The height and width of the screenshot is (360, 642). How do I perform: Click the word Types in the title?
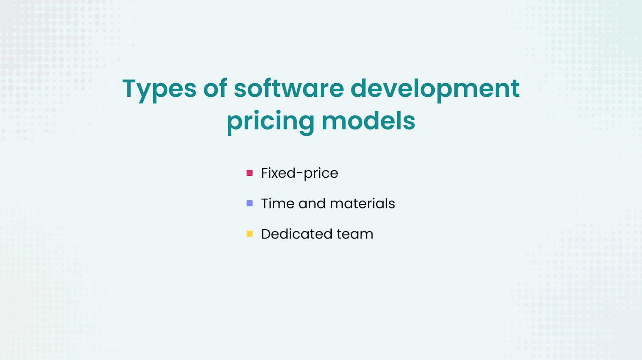pyautogui.click(x=159, y=89)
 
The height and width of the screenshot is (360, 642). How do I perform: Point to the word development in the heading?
pyautogui.click(x=435, y=89)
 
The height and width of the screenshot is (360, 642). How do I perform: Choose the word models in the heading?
pyautogui.click(x=368, y=121)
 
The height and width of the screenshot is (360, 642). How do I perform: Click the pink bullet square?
pyautogui.click(x=249, y=173)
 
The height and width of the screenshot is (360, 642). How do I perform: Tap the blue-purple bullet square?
pyautogui.click(x=249, y=203)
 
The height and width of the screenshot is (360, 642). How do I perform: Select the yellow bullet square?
pyautogui.click(x=249, y=234)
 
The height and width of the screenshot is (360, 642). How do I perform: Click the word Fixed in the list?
pyautogui.click(x=278, y=173)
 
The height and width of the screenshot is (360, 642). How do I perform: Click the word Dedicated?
pyautogui.click(x=296, y=234)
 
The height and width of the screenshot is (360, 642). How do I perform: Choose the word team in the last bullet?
pyautogui.click(x=354, y=234)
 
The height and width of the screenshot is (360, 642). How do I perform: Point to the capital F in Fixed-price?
pyautogui.click(x=264, y=173)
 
